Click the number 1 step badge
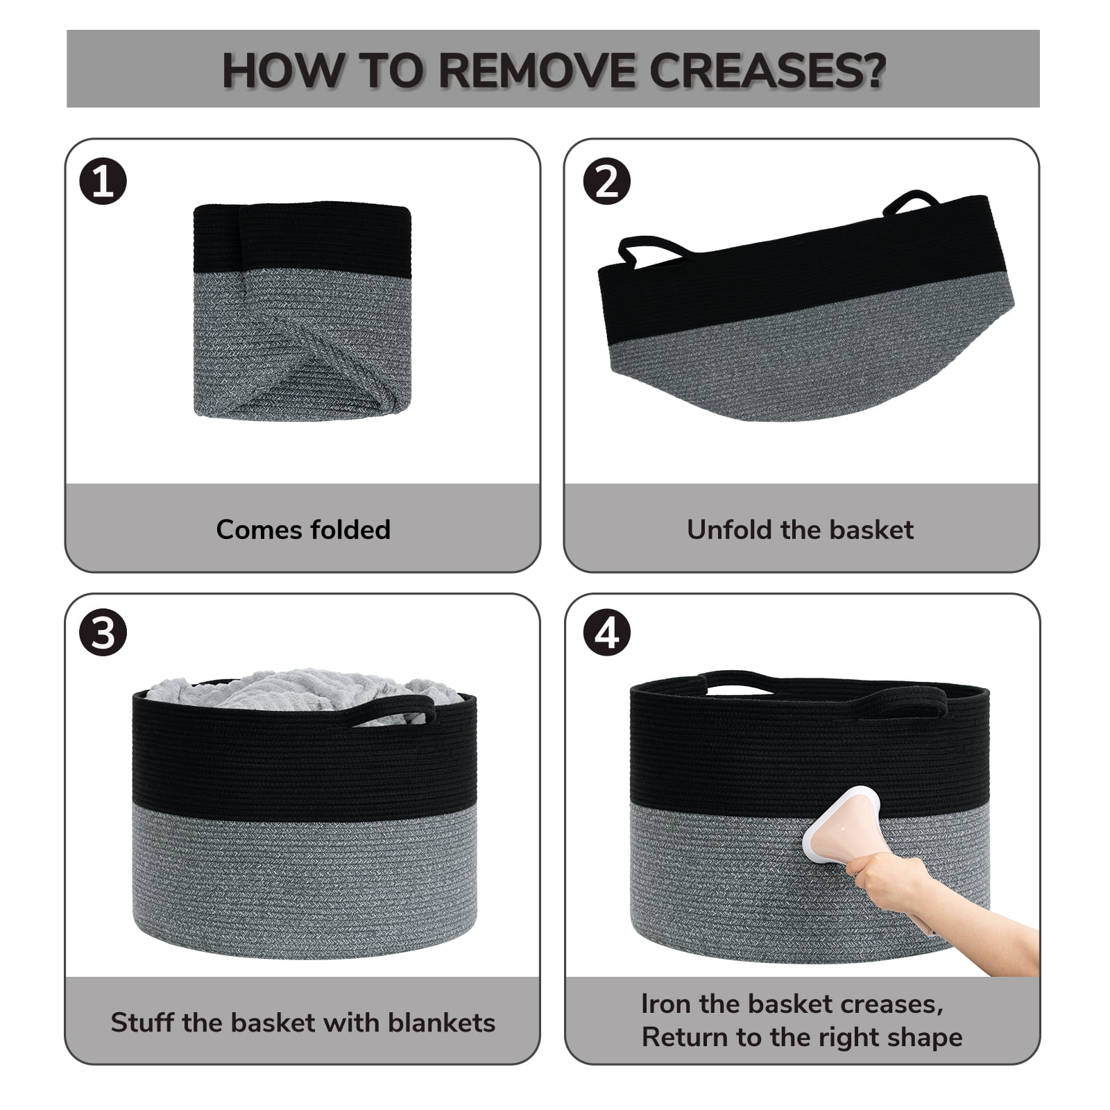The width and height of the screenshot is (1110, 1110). coord(103,182)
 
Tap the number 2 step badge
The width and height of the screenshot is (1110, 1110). coord(607,182)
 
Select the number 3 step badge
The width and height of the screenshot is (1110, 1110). coord(103,633)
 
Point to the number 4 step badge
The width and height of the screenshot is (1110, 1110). coord(607,633)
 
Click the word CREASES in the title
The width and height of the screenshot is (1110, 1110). coord(767,70)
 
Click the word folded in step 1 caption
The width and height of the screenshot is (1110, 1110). coord(350,530)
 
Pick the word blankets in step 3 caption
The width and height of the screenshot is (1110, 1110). coord(441,1023)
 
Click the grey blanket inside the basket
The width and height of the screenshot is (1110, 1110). coord(305,690)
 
